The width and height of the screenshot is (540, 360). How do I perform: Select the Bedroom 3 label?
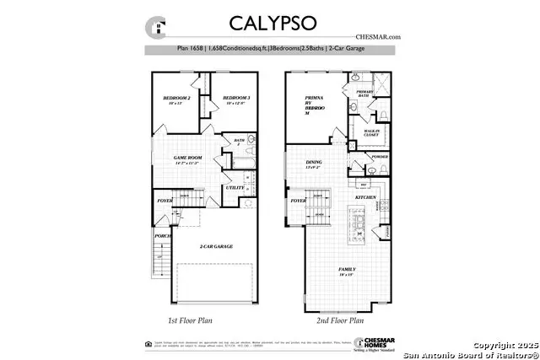coord(234,101)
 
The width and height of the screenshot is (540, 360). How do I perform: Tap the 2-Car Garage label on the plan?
coord(216,247)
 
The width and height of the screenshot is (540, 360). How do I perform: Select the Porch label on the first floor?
coord(162,236)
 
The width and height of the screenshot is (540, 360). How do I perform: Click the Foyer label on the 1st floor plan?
coord(164,201)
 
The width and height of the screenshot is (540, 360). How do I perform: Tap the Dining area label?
coord(314,165)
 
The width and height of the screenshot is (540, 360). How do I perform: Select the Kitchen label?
coord(364,196)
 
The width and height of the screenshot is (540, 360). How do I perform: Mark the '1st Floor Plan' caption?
coord(192,321)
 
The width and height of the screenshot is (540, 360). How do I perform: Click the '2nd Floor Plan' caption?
coord(336,321)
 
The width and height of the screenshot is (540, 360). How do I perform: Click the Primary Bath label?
coord(364,94)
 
